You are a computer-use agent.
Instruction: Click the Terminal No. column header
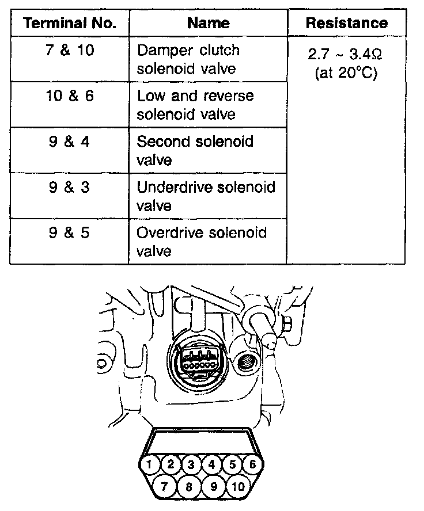click(69, 24)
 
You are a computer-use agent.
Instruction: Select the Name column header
click(208, 24)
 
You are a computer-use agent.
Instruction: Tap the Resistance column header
click(346, 24)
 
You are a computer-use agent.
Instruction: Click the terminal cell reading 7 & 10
click(69, 51)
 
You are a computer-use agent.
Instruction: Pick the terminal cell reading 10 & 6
click(69, 96)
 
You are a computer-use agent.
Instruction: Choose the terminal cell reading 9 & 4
click(69, 142)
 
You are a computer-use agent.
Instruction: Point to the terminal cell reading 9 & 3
click(69, 188)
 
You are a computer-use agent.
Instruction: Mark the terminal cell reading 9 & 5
click(69, 234)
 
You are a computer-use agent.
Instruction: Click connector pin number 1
click(149, 464)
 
